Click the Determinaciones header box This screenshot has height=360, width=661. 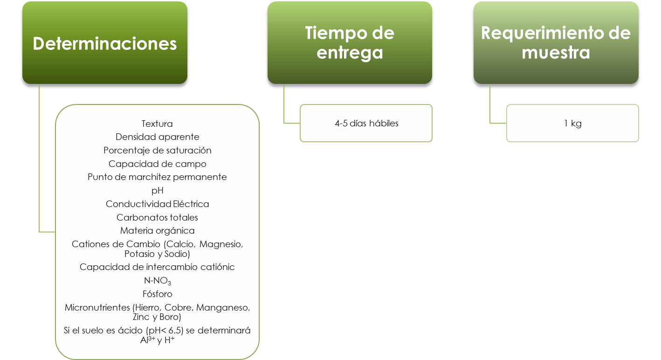[x=105, y=43]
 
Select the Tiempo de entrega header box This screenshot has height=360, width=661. [x=350, y=43]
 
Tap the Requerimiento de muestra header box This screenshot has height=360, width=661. [x=556, y=43]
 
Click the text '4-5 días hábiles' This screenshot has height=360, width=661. [x=366, y=124]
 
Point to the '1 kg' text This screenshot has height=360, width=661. [x=573, y=124]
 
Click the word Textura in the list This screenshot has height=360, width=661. [x=157, y=124]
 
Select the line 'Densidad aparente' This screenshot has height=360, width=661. [x=157, y=137]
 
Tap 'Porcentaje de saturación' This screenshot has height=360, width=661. [x=157, y=151]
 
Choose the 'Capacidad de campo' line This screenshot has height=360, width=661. [x=157, y=164]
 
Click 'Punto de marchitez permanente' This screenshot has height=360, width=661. [x=157, y=177]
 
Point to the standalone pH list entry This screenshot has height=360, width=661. [x=157, y=191]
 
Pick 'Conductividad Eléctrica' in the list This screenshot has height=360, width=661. [x=157, y=204]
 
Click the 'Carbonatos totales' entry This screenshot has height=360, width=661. [x=157, y=217]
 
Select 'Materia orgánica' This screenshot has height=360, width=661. [x=157, y=231]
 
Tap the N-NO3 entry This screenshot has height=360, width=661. [x=157, y=281]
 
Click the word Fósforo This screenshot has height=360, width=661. [x=157, y=294]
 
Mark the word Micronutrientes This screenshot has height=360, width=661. [x=97, y=307]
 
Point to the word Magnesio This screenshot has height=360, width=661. [x=221, y=244]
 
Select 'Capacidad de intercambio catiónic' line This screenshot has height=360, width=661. [x=157, y=267]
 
